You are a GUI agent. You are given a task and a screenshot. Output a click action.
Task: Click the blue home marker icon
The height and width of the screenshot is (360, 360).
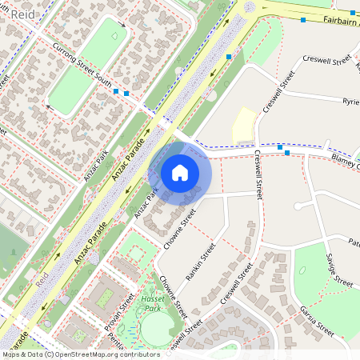click(180, 172)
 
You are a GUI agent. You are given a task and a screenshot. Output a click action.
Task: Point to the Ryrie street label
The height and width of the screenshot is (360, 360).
click(350, 102)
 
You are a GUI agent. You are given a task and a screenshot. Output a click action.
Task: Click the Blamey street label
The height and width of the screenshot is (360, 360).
click(346, 162)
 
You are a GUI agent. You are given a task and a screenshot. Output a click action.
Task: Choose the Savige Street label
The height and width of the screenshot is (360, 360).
click(338, 270)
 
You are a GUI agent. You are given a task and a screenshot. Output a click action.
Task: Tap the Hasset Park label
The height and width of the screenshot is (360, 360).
click(150, 301)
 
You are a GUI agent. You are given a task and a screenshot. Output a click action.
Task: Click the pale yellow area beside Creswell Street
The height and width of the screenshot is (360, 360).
click(245, 126)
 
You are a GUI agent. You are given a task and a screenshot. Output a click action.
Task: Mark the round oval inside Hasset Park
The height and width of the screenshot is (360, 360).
click(157, 327)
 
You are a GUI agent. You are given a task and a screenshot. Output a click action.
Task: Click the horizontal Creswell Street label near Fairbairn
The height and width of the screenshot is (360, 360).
click(327, 60)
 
